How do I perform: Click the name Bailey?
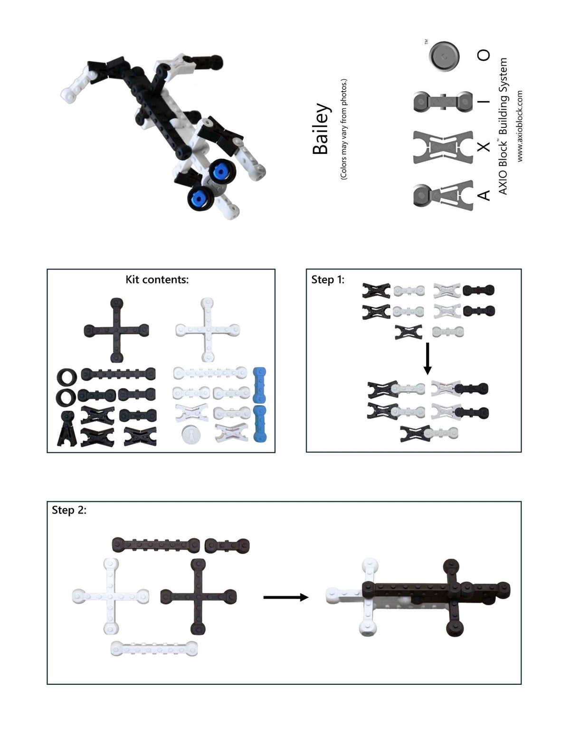[321, 129]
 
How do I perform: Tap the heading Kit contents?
[157, 279]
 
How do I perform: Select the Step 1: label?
[328, 279]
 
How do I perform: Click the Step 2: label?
[69, 510]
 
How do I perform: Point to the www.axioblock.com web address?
[520, 126]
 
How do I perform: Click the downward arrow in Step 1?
[428, 358]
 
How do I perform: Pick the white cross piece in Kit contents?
[208, 330]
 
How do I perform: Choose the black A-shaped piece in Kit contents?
[67, 429]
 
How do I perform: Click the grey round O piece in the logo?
[444, 57]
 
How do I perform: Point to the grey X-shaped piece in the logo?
[443, 147]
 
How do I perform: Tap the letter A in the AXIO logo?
[484, 195]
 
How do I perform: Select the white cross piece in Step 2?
[110, 597]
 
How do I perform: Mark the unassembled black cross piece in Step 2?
[199, 597]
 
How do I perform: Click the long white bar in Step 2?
[154, 649]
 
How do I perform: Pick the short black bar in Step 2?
[227, 546]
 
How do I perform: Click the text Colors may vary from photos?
[343, 129]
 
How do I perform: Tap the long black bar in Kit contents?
[118, 374]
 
